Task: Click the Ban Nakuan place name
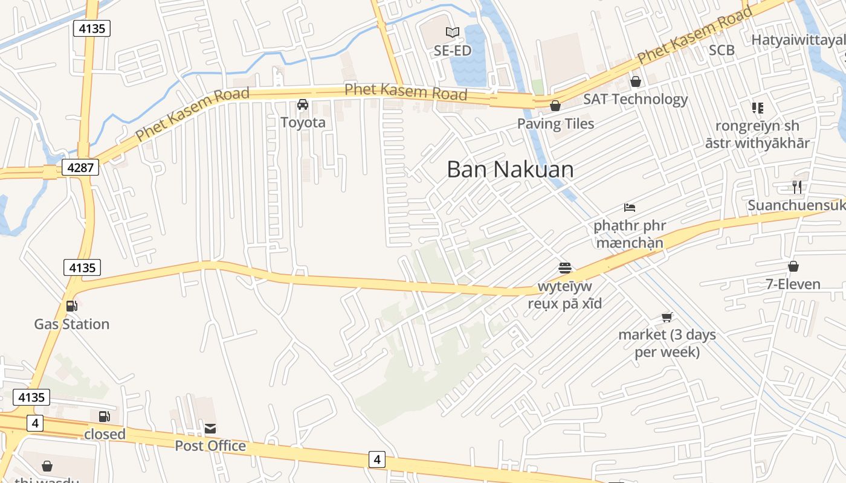[510, 170]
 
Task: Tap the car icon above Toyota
[303, 104]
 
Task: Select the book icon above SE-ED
[452, 32]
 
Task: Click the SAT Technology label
[635, 99]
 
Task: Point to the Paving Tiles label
[555, 124]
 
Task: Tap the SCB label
[722, 50]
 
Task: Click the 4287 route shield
[80, 167]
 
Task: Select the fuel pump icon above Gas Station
[71, 306]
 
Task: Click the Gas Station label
[71, 324]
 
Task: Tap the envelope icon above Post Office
[210, 429]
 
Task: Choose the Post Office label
[210, 446]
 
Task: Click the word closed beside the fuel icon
[105, 434]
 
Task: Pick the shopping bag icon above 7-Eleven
[793, 266]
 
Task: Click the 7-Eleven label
[793, 284]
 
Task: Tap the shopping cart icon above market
[667, 317]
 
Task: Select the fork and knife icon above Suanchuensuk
[797, 187]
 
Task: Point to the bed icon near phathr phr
[630, 208]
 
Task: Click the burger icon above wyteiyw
[565, 267]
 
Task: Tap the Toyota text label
[303, 123]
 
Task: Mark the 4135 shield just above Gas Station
[82, 267]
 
